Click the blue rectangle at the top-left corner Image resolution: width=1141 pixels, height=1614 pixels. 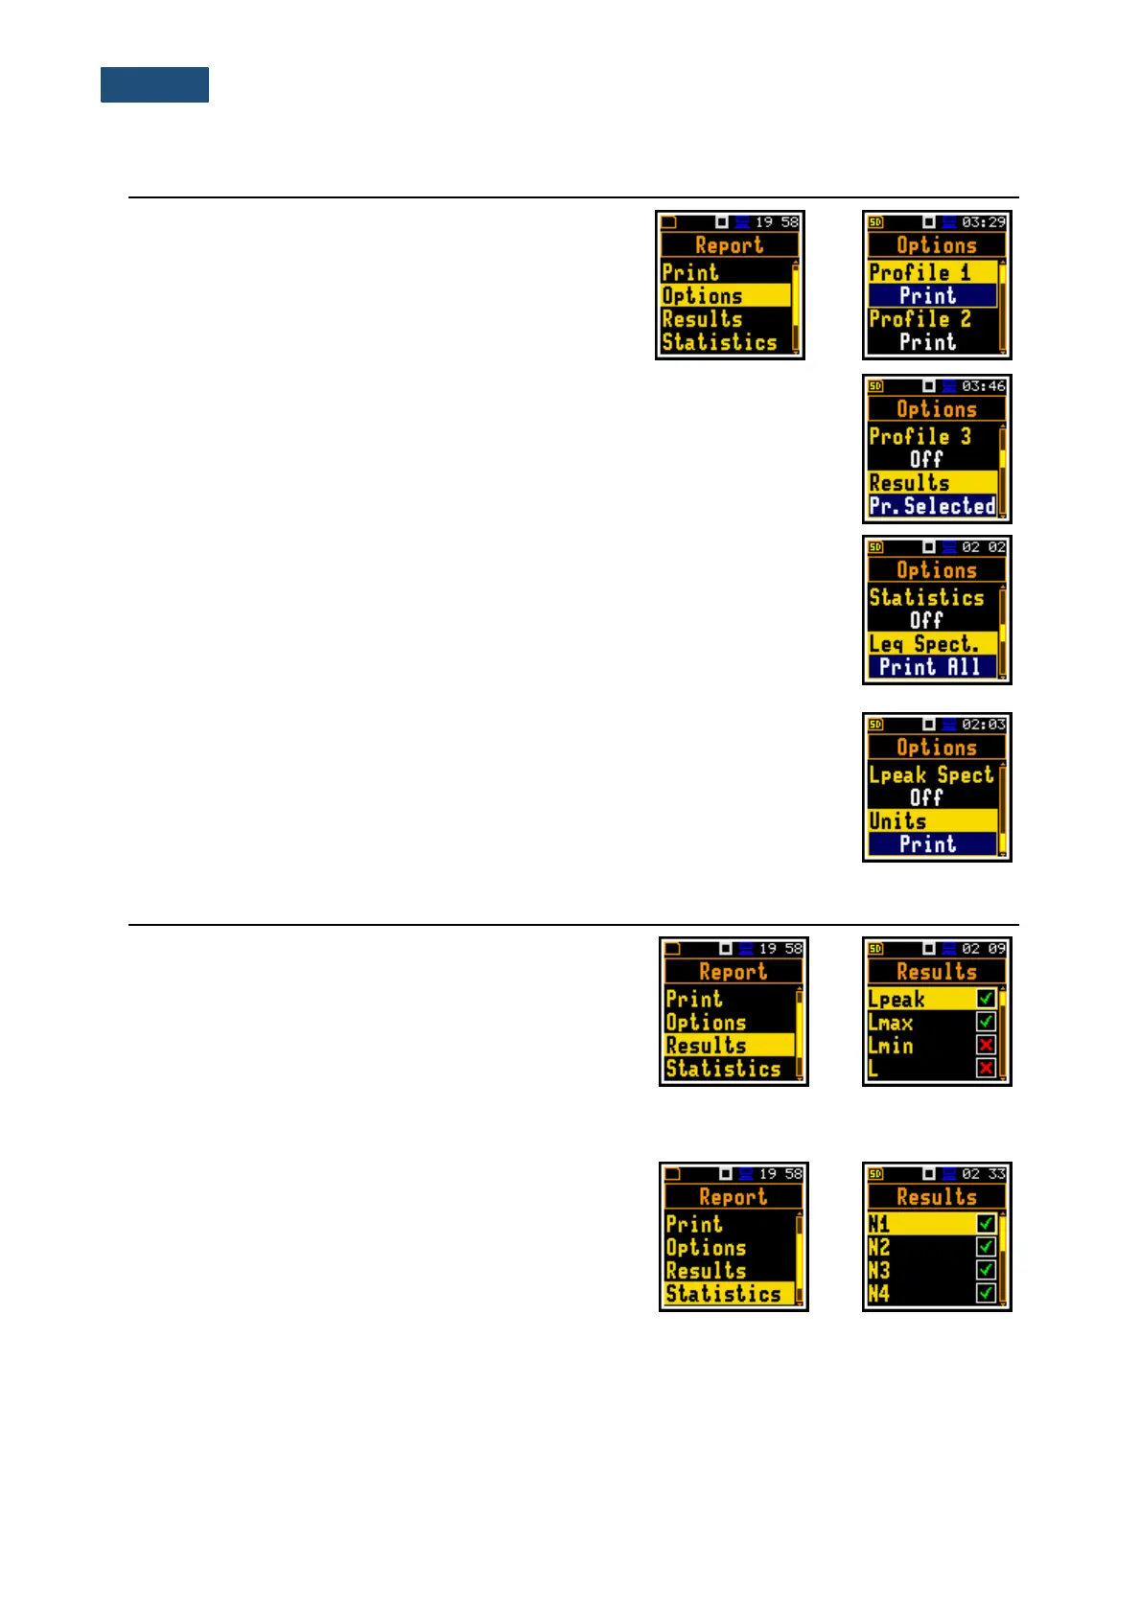click(154, 84)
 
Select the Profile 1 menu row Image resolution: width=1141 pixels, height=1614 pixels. click(920, 272)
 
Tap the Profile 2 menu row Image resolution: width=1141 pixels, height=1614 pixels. click(920, 319)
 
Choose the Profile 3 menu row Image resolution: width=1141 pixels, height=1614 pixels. click(920, 436)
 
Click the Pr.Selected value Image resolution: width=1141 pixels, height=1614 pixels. click(933, 506)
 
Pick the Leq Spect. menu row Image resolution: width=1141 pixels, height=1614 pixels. click(924, 644)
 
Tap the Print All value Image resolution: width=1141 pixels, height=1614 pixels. click(930, 667)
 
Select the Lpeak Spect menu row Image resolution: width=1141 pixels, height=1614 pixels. click(931, 775)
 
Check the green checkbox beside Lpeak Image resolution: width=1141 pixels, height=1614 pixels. click(986, 999)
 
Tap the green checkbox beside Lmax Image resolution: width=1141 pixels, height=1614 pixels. click(986, 1022)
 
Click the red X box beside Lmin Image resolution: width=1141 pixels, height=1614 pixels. click(986, 1045)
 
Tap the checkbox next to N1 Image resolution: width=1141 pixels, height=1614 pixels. click(986, 1224)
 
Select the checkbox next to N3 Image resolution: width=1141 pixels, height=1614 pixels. click(986, 1270)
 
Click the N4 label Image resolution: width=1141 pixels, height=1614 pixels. click(879, 1294)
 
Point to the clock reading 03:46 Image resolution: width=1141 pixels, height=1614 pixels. click(984, 386)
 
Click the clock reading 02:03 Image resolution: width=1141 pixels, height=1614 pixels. click(984, 725)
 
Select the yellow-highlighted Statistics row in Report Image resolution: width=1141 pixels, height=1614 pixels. click(724, 1294)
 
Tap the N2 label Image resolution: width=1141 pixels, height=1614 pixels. click(879, 1247)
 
